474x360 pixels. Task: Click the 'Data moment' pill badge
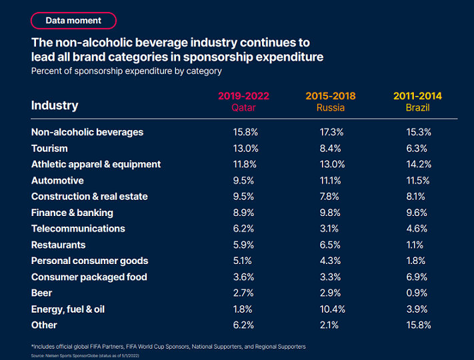73,21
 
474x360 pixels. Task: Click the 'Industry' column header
55,105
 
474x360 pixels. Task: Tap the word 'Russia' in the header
331,107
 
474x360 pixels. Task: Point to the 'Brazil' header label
417,107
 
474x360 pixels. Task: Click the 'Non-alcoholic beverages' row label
87,132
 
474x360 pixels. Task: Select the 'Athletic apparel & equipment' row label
96,164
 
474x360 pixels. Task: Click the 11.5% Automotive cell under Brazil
417,180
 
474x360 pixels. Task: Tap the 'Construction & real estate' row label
89,196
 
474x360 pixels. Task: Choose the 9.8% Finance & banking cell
331,213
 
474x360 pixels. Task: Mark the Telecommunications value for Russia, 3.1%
331,229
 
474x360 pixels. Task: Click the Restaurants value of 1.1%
417,245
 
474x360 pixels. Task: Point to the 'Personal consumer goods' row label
89,261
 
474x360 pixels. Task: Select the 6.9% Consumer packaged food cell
417,277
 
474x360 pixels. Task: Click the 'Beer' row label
41,293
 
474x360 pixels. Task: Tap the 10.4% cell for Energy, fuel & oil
331,309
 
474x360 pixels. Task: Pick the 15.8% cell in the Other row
417,325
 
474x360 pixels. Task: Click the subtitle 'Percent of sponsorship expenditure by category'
127,71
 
